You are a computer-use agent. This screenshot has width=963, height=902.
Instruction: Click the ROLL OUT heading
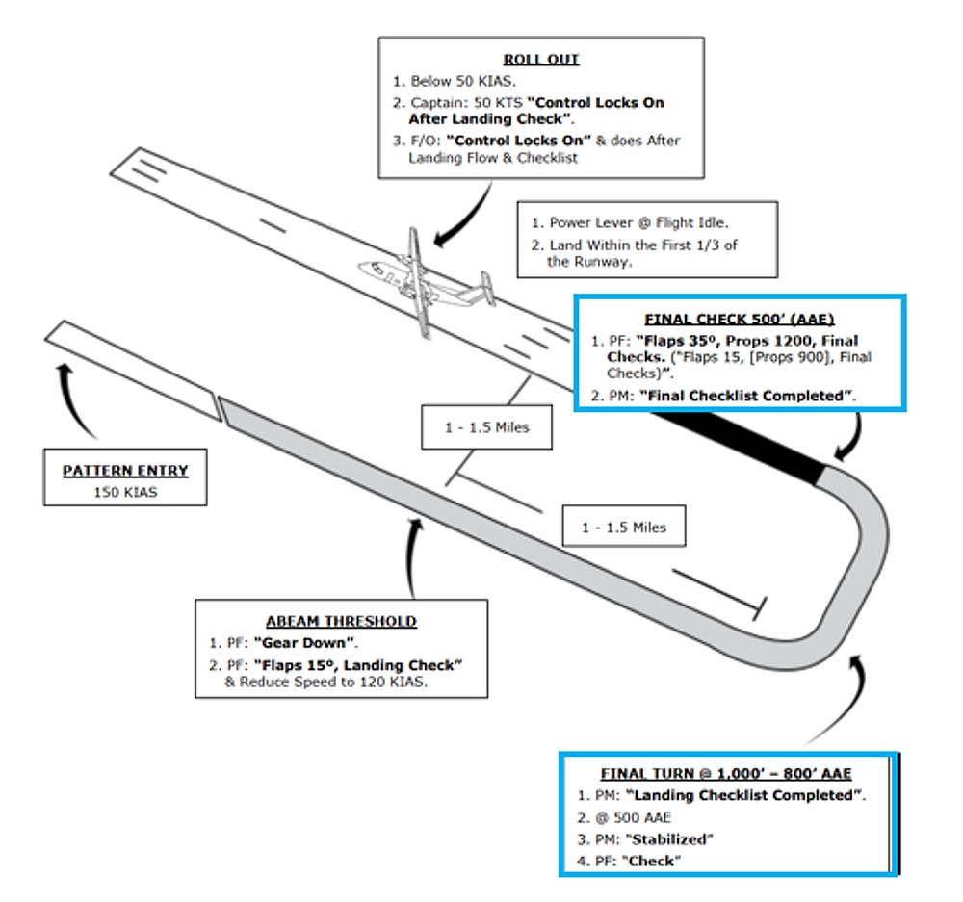[540, 59]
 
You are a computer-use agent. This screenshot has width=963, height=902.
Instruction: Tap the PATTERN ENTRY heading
[125, 471]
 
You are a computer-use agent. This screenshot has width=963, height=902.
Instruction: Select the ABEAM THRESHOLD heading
[341, 621]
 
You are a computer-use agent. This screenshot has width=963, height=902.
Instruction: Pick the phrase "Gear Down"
[293, 642]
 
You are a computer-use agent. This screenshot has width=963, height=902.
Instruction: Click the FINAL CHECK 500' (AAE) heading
[739, 319]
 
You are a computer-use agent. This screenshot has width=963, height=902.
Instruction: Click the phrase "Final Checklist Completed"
[746, 395]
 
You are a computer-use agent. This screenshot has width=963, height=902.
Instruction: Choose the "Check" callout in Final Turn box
[650, 860]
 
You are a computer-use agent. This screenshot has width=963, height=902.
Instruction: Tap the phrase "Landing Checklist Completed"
[744, 795]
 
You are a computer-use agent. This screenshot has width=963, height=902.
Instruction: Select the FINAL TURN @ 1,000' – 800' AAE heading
[726, 773]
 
